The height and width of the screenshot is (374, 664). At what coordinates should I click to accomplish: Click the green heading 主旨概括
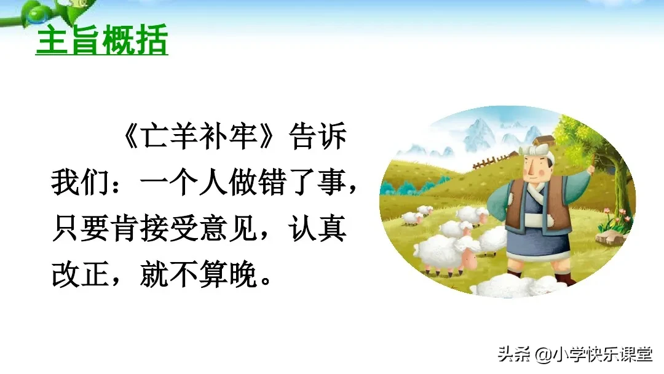pos(101,42)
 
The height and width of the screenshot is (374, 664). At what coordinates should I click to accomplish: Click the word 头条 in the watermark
pos(513,355)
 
